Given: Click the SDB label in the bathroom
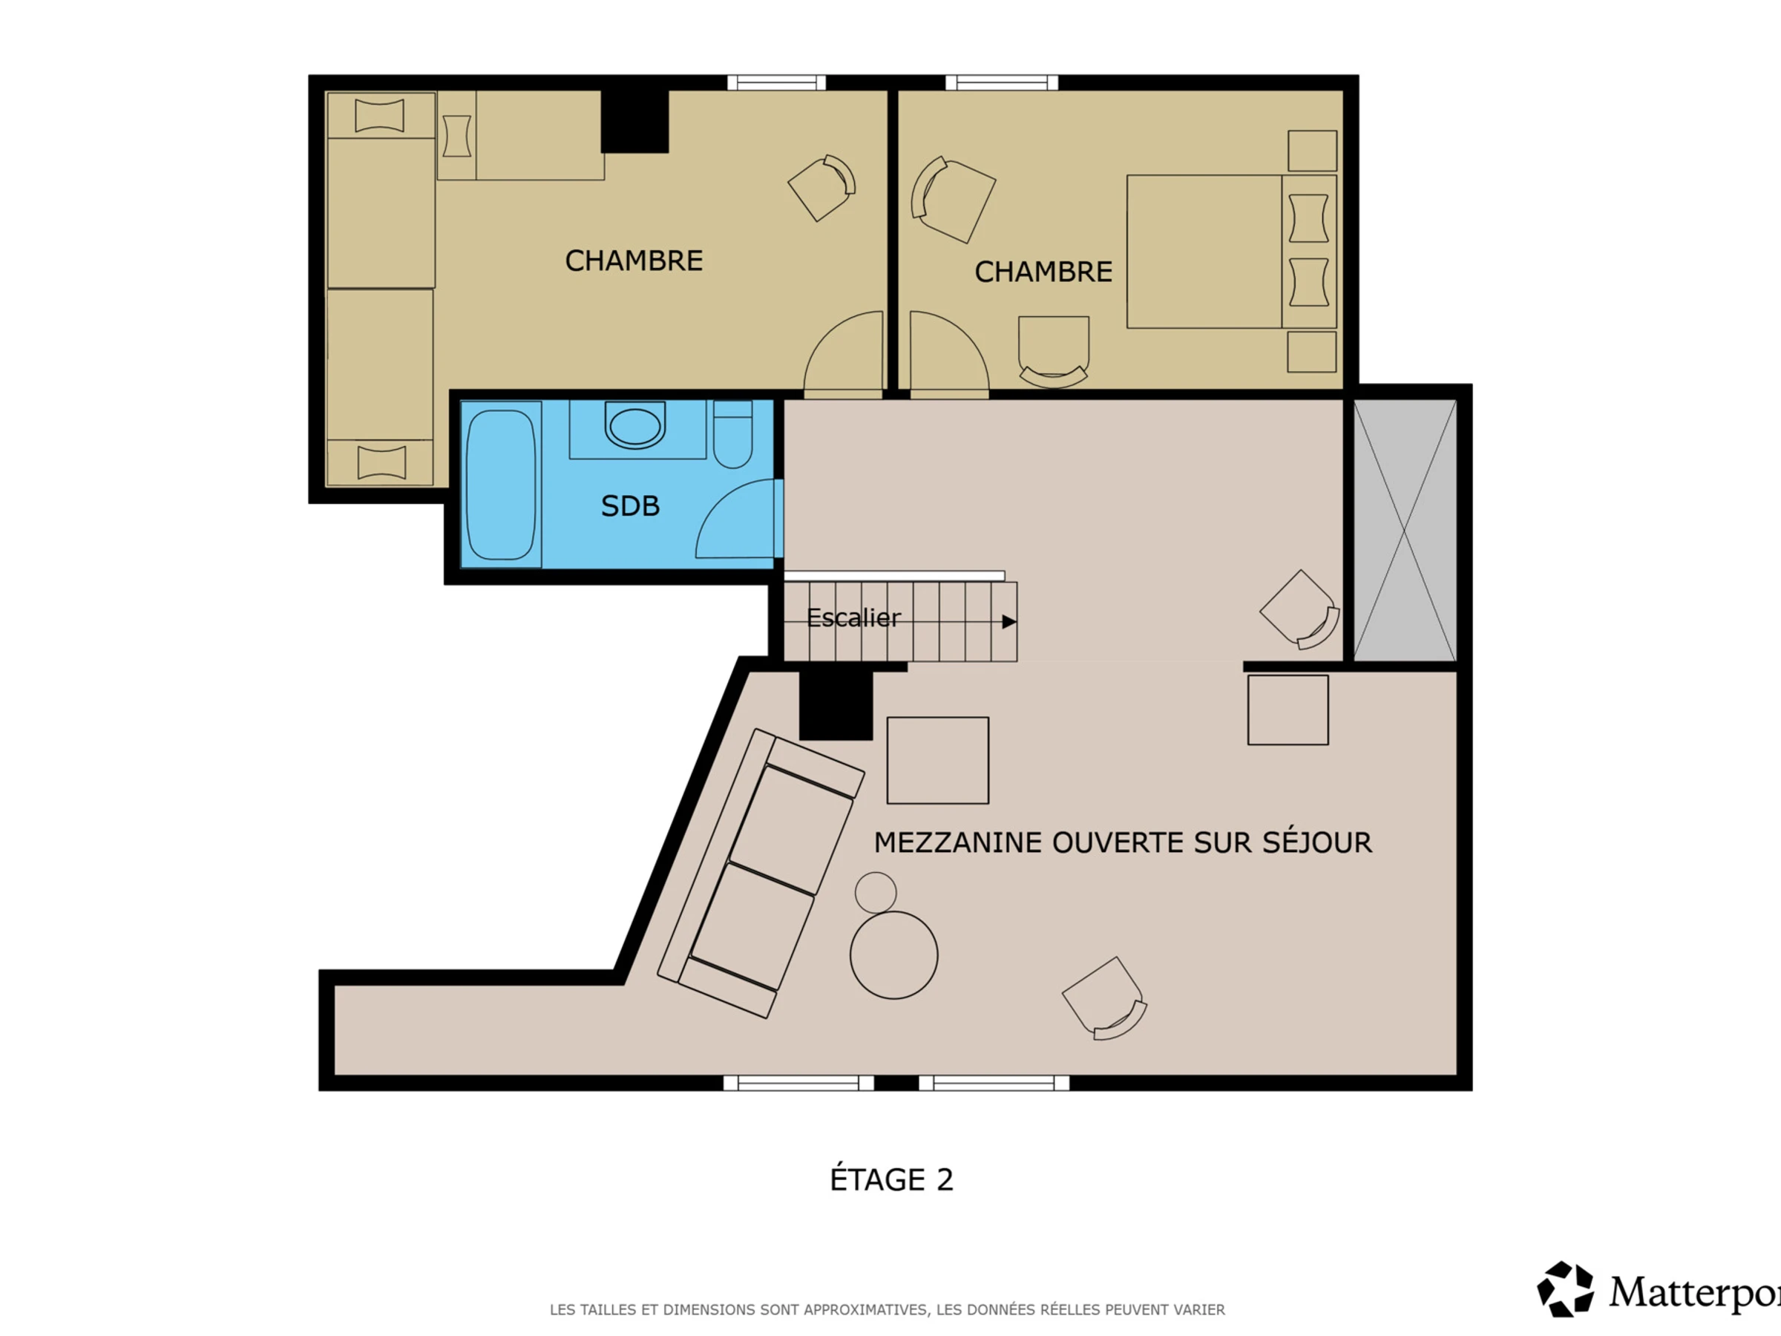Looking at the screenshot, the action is click(x=631, y=505).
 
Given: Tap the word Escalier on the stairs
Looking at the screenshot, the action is click(x=853, y=618).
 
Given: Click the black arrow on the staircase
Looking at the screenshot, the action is click(x=1008, y=622).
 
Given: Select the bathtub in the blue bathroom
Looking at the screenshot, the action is click(x=501, y=485).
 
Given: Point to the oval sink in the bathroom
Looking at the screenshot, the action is click(x=634, y=426).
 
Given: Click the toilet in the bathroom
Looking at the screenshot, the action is click(x=732, y=434).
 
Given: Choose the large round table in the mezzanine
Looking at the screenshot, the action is click(x=893, y=956).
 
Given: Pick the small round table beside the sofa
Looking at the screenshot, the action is click(x=875, y=892).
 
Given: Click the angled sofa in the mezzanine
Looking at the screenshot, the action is click(x=761, y=874).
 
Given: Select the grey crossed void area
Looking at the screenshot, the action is click(x=1405, y=530).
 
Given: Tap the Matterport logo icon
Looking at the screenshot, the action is click(x=1565, y=1289).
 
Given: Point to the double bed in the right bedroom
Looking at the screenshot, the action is click(x=1231, y=252).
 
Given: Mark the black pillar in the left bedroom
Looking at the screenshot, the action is click(x=634, y=121).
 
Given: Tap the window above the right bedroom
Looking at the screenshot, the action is click(x=1002, y=82).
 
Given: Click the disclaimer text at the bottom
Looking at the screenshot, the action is click(x=888, y=1309).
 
